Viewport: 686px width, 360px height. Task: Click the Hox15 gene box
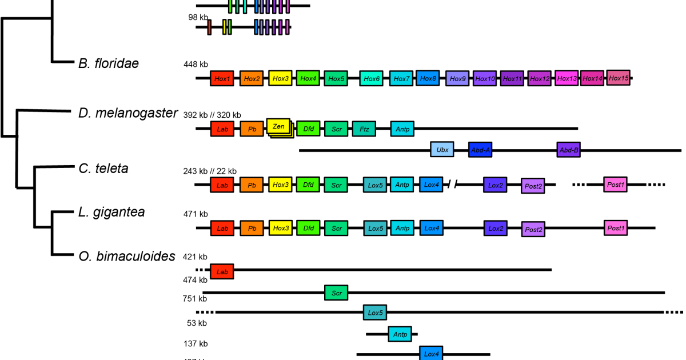click(618, 77)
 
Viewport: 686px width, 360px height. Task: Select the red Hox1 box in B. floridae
click(222, 78)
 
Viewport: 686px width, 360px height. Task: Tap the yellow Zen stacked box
click(279, 126)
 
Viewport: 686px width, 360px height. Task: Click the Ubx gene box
click(442, 150)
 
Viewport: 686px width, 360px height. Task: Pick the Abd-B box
click(568, 150)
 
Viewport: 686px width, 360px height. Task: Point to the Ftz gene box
click(364, 129)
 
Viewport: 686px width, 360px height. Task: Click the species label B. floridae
click(109, 63)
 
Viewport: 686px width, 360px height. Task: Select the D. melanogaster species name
click(128, 113)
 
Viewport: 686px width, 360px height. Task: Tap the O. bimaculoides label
click(126, 257)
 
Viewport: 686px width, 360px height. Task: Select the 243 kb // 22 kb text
click(210, 171)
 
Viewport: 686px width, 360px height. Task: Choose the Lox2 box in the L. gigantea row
click(495, 228)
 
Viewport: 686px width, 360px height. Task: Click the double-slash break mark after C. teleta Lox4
click(452, 184)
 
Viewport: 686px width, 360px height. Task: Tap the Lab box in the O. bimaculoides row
click(222, 272)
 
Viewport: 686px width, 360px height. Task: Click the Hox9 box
click(457, 78)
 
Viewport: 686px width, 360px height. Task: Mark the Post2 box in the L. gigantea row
click(533, 230)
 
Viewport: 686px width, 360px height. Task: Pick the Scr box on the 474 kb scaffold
click(336, 293)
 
